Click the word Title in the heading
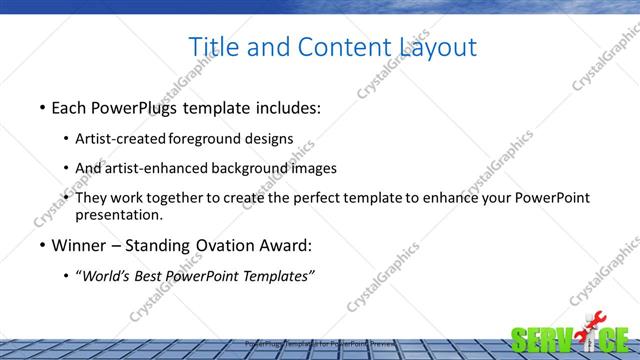pyautogui.click(x=212, y=47)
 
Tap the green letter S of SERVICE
pyautogui.click(x=521, y=340)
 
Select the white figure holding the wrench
pyautogui.click(x=588, y=339)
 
